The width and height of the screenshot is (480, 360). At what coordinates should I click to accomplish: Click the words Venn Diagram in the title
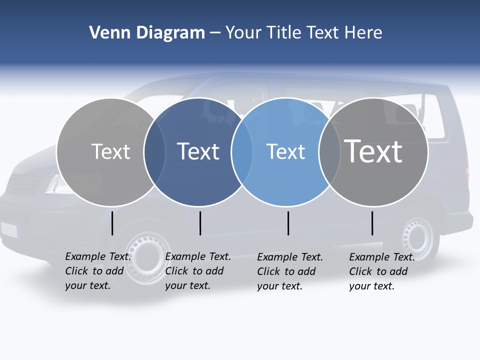pyautogui.click(x=147, y=33)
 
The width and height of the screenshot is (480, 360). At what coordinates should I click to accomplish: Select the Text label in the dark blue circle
pyautogui.click(x=198, y=151)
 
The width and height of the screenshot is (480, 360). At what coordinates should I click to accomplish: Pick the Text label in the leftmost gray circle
pyautogui.click(x=110, y=151)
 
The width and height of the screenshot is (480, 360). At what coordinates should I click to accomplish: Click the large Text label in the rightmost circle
pyautogui.click(x=373, y=151)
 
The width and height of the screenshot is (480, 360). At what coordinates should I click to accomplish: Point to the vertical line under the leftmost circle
pyautogui.click(x=112, y=223)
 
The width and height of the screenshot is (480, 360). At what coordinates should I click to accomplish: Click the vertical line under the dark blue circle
pyautogui.click(x=200, y=223)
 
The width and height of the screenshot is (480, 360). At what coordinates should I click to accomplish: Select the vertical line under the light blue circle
pyautogui.click(x=288, y=223)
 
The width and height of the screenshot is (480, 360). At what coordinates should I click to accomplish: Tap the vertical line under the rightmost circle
pyautogui.click(x=372, y=223)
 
